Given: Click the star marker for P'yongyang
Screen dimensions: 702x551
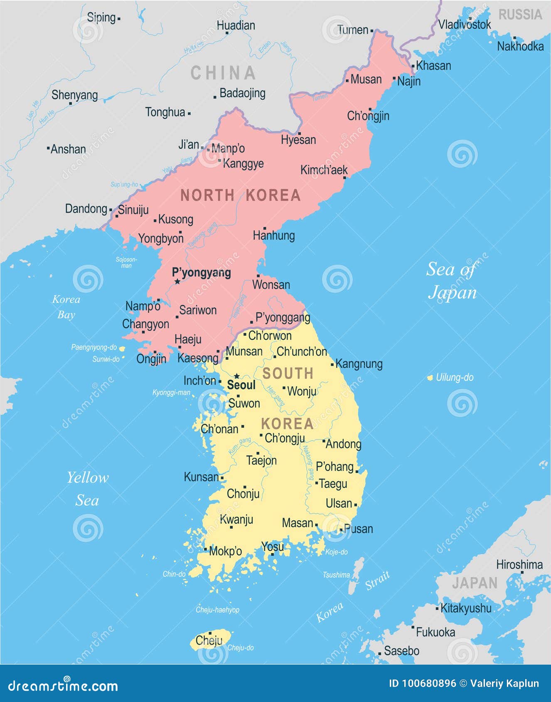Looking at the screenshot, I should (x=177, y=282).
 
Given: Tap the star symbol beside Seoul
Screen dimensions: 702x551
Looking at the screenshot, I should (x=236, y=376).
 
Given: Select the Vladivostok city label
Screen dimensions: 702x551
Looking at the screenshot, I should (x=465, y=25).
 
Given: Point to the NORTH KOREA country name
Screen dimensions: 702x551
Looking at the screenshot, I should (x=240, y=195).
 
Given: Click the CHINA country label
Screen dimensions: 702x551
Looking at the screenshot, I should (x=223, y=73).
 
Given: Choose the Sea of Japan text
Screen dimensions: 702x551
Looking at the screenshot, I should (x=451, y=281).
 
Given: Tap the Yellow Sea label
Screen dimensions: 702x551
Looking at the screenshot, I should (x=88, y=489).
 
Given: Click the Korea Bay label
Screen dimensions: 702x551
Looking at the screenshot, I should (x=66, y=307).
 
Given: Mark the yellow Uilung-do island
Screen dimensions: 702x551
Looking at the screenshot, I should (x=430, y=378).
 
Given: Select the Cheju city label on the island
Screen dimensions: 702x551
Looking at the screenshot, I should (x=209, y=640).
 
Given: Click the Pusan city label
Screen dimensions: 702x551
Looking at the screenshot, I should (x=358, y=529).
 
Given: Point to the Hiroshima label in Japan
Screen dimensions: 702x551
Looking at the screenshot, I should (x=519, y=565).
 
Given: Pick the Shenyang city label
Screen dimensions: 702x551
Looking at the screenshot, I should (x=74, y=95).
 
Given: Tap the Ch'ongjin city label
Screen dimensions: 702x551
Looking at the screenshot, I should (x=368, y=116).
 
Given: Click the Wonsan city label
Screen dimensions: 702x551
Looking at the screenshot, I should (x=271, y=285).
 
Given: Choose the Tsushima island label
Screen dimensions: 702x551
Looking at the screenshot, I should (x=336, y=575).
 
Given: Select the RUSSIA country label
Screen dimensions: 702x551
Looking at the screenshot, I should (x=520, y=15).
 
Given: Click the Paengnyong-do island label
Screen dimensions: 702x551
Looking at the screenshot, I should (x=94, y=347).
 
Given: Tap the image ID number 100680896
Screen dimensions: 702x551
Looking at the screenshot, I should (x=428, y=683).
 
